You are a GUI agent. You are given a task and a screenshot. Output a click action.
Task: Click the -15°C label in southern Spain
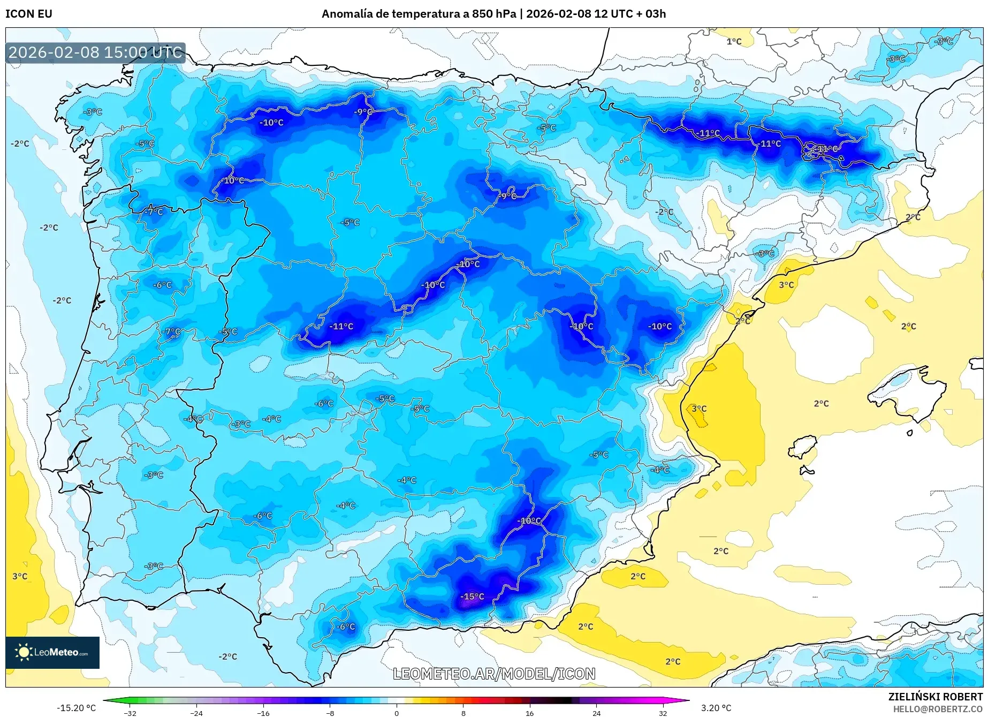coord(472,597)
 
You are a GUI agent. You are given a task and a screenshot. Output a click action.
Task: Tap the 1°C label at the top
coord(734,42)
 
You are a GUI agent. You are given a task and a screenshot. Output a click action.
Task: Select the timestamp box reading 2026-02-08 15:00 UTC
coord(95,52)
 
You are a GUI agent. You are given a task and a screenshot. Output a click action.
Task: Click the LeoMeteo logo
coord(52,652)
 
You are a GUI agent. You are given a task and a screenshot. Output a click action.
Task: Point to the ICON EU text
coord(29,14)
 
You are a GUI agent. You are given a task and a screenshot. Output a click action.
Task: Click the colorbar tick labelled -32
coord(130,713)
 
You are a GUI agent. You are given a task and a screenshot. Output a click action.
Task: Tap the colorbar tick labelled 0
coord(397,713)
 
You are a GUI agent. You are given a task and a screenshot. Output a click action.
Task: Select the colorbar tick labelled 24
coord(596,713)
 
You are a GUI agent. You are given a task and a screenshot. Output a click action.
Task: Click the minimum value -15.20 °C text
coord(76,708)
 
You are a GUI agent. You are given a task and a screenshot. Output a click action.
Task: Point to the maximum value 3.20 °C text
coord(716,708)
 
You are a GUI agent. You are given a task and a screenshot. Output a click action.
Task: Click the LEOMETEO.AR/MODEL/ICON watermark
coord(493,674)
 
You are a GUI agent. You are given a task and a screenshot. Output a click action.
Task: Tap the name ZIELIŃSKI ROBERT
coord(935,697)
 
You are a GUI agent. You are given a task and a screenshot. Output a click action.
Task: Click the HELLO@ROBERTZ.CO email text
coord(938,709)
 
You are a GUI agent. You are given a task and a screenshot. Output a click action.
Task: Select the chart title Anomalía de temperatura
coord(493,14)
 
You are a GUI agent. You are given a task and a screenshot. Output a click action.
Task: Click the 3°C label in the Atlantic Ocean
coord(20,576)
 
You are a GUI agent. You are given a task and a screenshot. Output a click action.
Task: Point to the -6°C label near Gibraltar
coord(345,627)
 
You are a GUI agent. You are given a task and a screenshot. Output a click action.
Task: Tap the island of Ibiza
coord(803,447)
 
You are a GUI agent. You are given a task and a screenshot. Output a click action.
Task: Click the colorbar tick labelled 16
coord(529,713)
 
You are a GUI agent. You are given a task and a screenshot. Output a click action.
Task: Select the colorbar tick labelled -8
coord(330,713)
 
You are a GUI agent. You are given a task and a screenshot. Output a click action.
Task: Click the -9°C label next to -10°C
coord(363,112)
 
